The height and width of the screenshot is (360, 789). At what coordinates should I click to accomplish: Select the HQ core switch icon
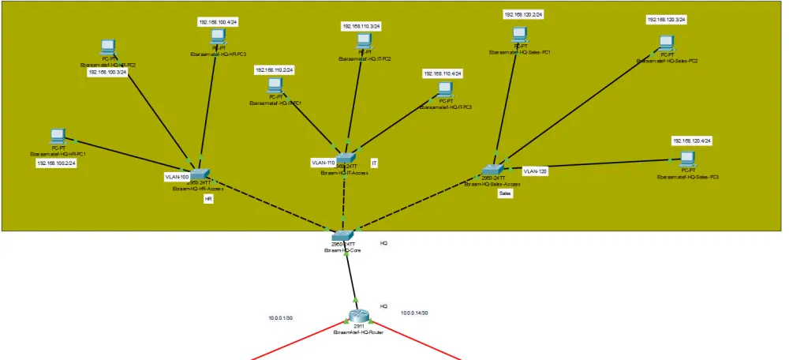[x=343, y=235]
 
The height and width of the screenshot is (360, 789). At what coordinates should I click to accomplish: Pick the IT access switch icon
[x=345, y=159]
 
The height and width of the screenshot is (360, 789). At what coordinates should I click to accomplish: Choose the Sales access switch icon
[x=492, y=169]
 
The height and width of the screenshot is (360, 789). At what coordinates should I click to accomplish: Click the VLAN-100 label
[x=177, y=177]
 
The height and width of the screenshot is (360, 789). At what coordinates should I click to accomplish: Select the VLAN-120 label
[x=535, y=171]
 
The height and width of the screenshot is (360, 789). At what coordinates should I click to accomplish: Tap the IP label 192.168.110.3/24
[x=361, y=26]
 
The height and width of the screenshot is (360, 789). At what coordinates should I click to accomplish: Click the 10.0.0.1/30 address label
[x=281, y=318]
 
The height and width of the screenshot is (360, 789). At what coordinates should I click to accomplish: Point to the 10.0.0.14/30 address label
[x=414, y=313]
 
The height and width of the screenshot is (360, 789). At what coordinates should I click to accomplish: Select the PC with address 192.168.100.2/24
[x=58, y=137]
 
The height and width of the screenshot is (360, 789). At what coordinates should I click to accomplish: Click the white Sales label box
[x=506, y=193]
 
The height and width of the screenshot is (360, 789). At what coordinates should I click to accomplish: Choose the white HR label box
[x=208, y=200]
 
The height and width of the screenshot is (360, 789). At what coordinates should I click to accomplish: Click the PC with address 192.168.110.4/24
[x=445, y=89]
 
